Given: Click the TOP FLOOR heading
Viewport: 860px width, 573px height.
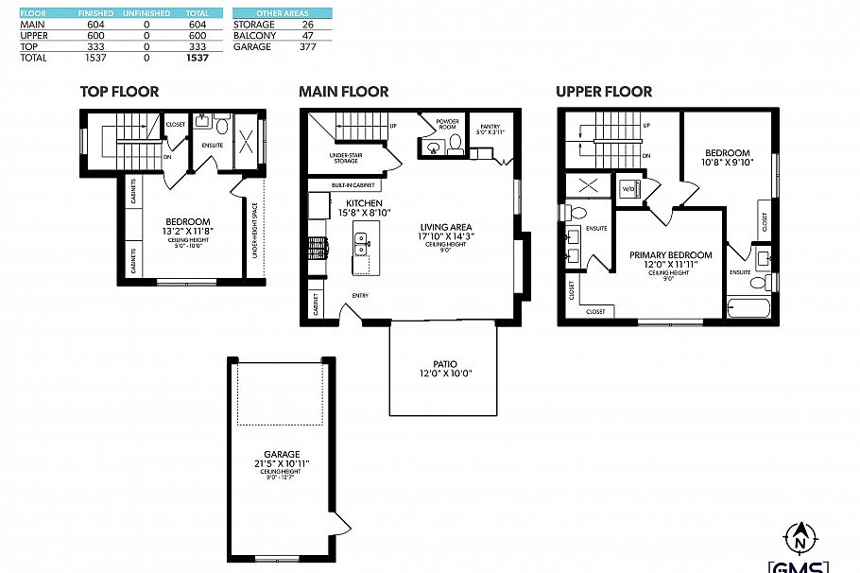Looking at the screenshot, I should [119, 92].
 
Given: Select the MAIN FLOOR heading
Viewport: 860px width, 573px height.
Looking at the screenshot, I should [343, 92].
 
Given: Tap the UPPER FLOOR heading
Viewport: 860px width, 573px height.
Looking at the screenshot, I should [603, 92].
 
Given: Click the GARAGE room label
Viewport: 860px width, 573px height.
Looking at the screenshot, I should [282, 453].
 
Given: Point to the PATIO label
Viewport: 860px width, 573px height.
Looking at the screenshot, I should [444, 364].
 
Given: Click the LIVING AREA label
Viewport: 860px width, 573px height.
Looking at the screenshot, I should [447, 227].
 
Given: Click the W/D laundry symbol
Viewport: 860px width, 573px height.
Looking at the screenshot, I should [628, 188].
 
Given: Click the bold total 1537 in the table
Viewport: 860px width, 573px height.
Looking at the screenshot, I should [197, 58].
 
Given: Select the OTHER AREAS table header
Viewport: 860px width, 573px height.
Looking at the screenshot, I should [282, 13].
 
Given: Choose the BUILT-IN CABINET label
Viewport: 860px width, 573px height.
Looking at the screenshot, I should [353, 185].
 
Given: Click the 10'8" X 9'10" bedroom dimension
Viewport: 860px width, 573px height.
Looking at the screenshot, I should [727, 162].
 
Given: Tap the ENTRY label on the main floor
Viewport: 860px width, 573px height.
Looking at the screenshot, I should [360, 296].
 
